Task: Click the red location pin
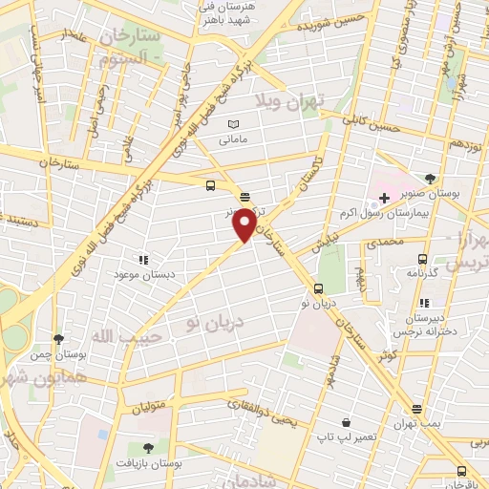tap(245, 223)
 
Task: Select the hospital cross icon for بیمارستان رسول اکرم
tap(384, 199)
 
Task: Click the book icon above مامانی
tap(234, 124)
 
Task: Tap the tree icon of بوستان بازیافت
tap(148, 447)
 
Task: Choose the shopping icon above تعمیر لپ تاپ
tap(344, 421)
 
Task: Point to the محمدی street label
tap(411, 243)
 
